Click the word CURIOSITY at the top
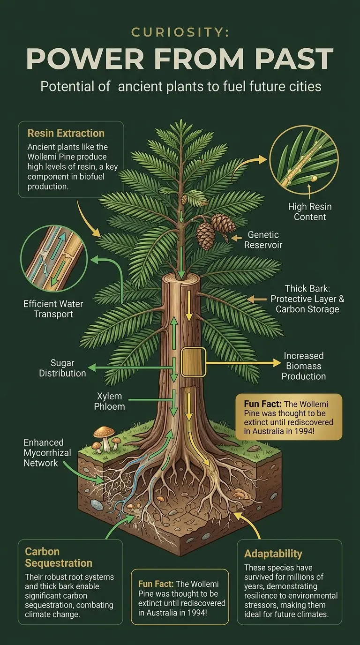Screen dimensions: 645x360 pos(180,32)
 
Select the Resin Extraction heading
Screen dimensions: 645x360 pos(66,134)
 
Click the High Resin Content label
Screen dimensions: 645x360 pos(310,211)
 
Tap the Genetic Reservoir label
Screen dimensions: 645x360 pos(263,240)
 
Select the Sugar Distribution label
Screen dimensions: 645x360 pos(62,368)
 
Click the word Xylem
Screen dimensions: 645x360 pos(109,396)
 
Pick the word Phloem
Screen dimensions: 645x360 pos(109,406)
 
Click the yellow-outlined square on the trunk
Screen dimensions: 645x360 pos(193,362)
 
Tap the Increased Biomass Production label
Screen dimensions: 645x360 pos(304,366)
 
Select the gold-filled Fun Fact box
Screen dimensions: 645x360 pos(288,417)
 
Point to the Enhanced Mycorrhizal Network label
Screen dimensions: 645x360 pos(44,452)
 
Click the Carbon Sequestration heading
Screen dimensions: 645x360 pos(58,557)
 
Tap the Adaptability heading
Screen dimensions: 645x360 pos(273,554)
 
